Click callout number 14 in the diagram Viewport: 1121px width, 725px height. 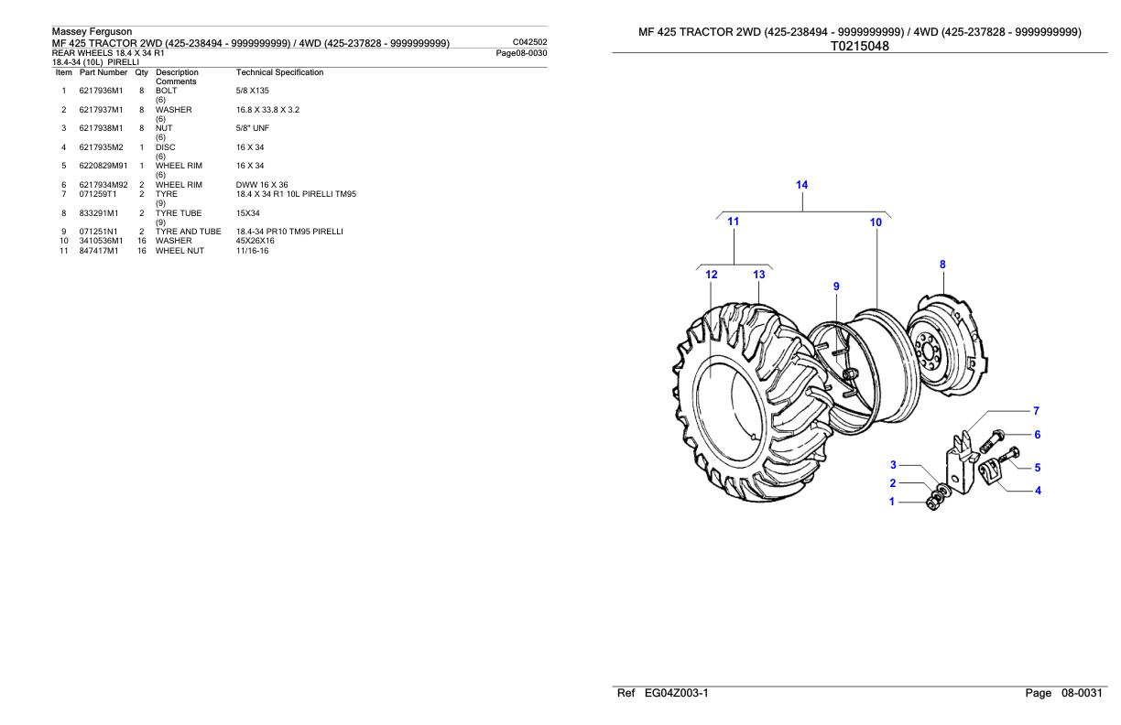point(801,185)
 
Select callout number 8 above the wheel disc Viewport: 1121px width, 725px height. point(942,265)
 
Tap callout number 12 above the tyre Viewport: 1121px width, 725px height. point(712,275)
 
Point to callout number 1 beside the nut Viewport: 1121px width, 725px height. point(893,502)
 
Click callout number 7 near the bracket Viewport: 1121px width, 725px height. point(1036,411)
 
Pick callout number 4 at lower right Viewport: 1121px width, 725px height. point(1038,491)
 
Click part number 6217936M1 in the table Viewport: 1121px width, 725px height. point(103,91)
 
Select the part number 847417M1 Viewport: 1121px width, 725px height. point(99,250)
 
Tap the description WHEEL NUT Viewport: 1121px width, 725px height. point(180,250)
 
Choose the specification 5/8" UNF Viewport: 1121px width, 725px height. point(252,129)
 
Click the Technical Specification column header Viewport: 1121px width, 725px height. point(279,72)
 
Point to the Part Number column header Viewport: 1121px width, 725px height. point(103,72)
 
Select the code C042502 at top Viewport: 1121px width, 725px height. point(531,42)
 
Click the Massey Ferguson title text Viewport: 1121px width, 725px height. point(92,32)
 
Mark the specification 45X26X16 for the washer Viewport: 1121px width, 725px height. point(255,241)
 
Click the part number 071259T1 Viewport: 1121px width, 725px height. point(98,194)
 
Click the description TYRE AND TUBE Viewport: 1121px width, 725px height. point(188,232)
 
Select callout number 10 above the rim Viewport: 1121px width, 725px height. point(876,222)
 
